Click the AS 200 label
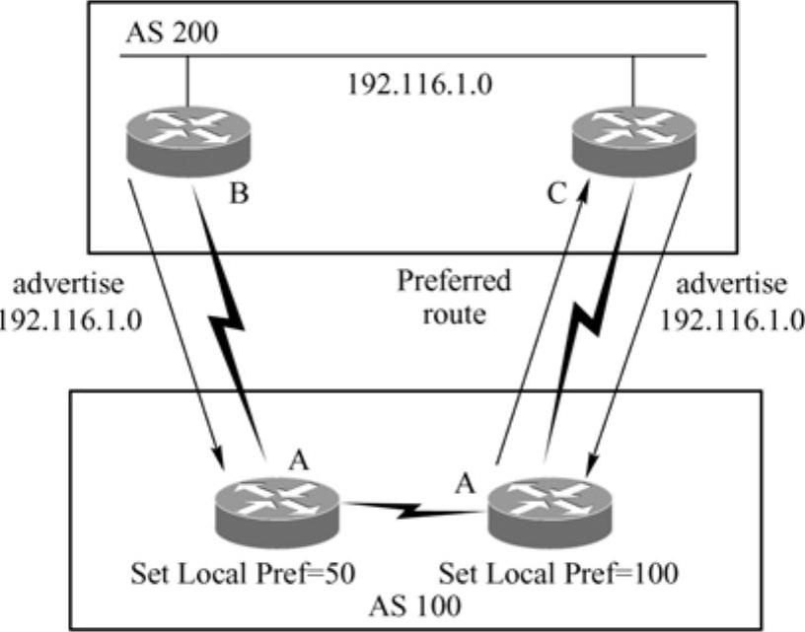(172, 32)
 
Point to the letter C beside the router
(556, 194)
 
